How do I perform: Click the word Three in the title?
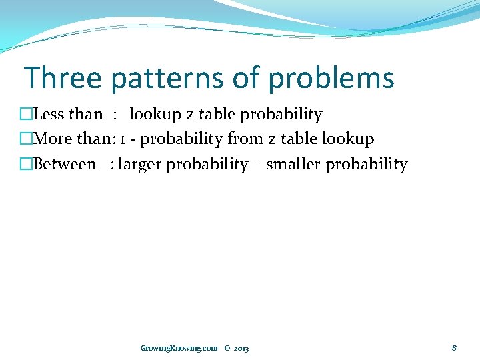(x=63, y=78)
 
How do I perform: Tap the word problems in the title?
(x=331, y=78)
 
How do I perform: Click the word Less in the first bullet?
(x=49, y=115)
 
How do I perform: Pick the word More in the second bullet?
(x=51, y=139)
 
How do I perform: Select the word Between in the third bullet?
(x=65, y=165)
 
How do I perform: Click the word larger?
(x=140, y=165)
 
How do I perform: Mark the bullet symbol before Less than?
(x=26, y=115)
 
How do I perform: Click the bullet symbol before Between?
(x=26, y=165)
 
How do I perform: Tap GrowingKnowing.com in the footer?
(x=179, y=348)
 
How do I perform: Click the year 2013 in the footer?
(x=241, y=348)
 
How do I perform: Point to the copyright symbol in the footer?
(x=227, y=348)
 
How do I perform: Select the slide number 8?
(x=454, y=347)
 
